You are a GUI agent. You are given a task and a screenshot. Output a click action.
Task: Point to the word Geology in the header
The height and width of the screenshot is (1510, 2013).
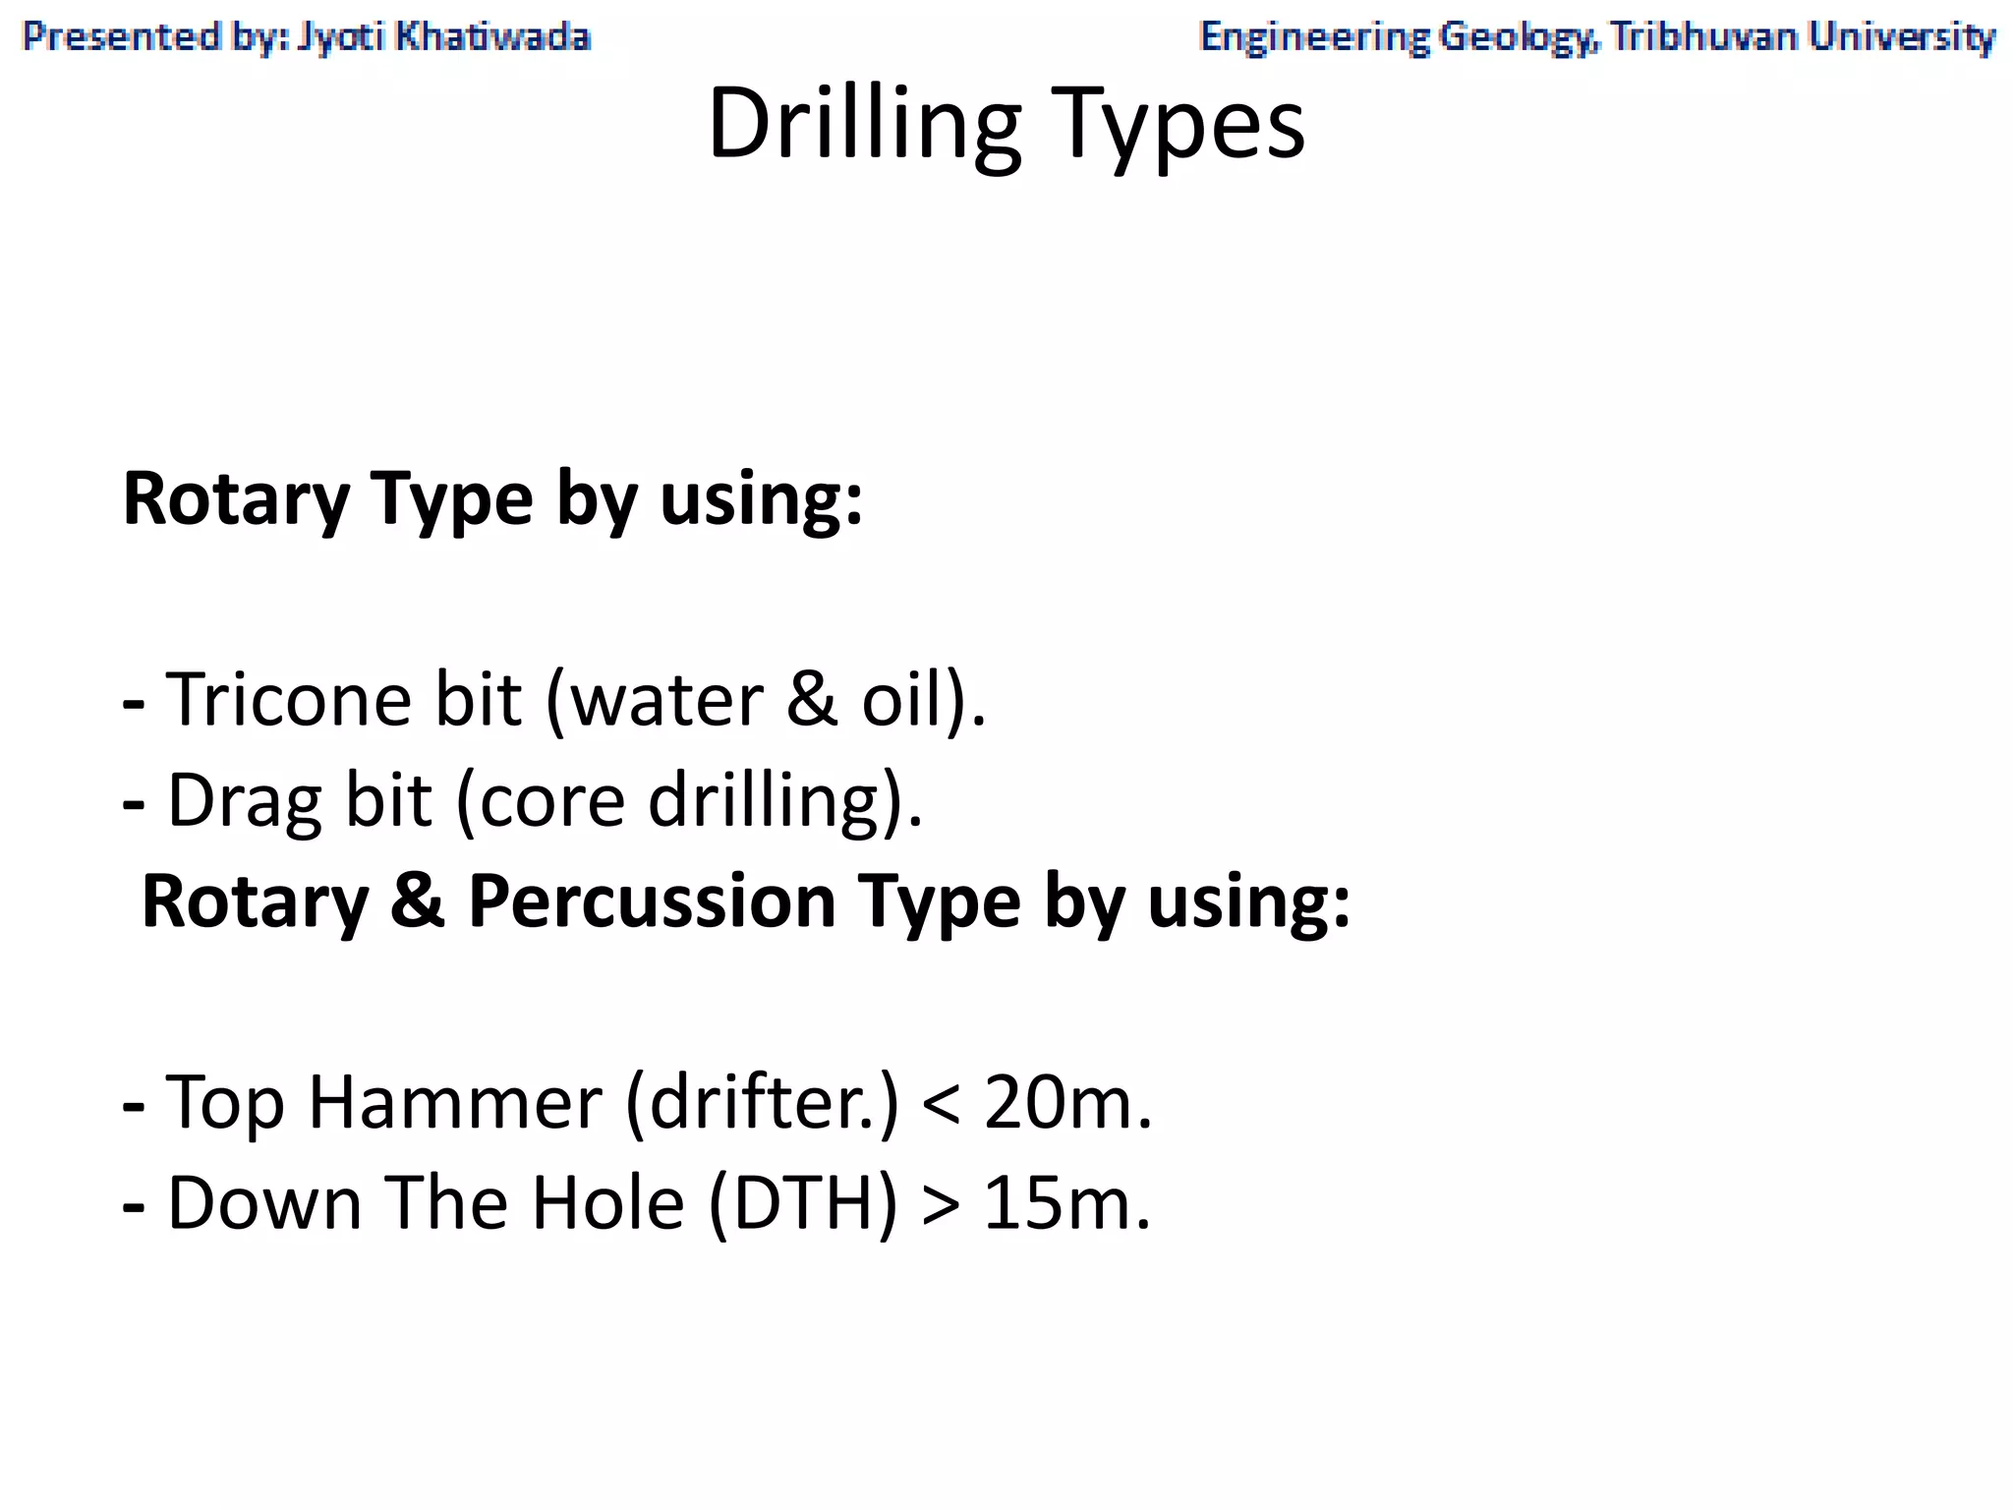click(1514, 38)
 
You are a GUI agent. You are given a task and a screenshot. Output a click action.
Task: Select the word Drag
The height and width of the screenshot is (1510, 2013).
click(245, 801)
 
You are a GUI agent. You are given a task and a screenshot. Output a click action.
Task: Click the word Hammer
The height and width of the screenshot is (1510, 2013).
click(454, 1102)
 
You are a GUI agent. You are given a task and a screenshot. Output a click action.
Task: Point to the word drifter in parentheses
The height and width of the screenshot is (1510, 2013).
click(758, 1102)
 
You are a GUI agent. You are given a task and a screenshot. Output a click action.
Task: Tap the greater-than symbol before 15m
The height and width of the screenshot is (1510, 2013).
click(941, 1205)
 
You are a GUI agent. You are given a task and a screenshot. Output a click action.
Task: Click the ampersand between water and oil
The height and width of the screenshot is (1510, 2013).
click(812, 699)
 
